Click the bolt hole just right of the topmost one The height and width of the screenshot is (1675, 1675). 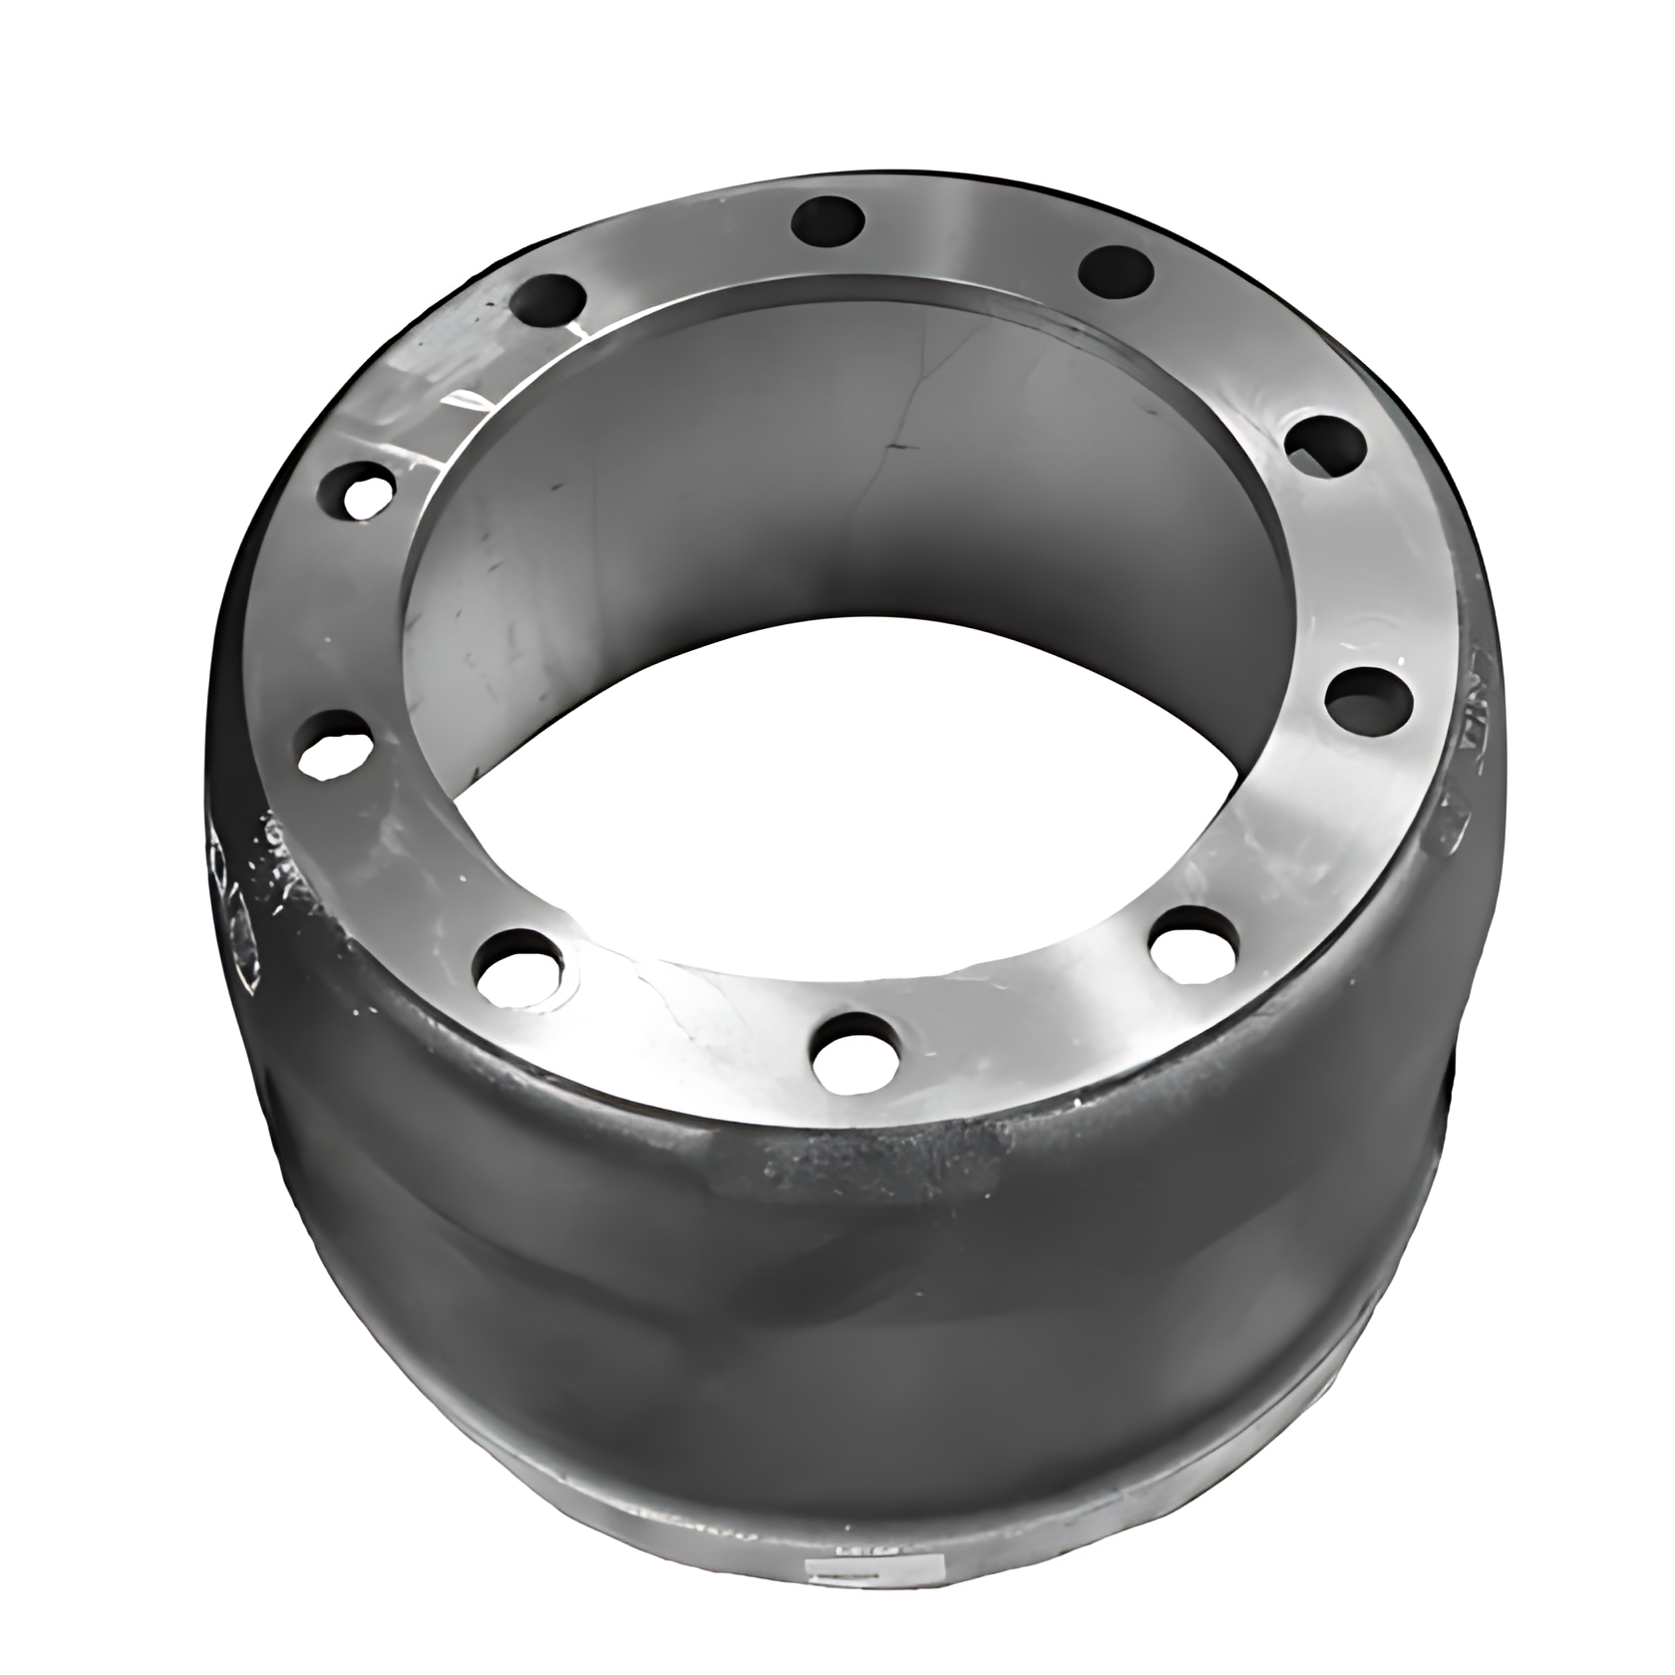pyautogui.click(x=1117, y=269)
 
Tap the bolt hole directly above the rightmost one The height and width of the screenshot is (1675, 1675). pyautogui.click(x=1323, y=445)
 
